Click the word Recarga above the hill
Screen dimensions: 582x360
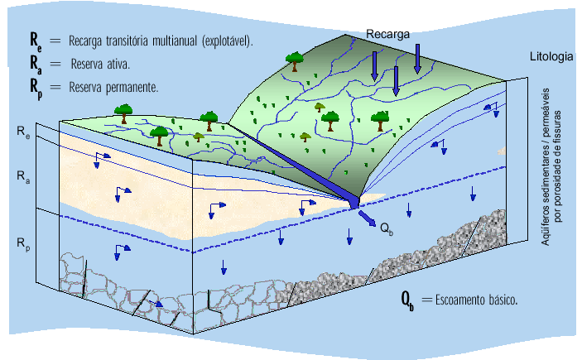pyautogui.click(x=388, y=34)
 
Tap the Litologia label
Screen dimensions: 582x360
pyautogui.click(x=551, y=57)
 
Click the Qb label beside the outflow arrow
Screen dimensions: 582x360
pyautogui.click(x=387, y=229)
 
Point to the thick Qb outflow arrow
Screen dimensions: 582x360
pyautogui.click(x=368, y=218)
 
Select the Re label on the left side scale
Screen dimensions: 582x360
pyautogui.click(x=23, y=132)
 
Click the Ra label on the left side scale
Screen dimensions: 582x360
pyautogui.click(x=23, y=176)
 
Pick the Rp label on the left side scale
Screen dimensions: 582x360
pyautogui.click(x=23, y=244)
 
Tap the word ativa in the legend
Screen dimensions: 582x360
pyautogui.click(x=118, y=65)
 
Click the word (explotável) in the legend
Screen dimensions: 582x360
pyautogui.click(x=228, y=41)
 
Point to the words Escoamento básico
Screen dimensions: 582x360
pyautogui.click(x=476, y=300)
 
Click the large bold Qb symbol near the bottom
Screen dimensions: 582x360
pyautogui.click(x=407, y=300)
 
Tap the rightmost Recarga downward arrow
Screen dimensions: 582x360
pyautogui.click(x=417, y=59)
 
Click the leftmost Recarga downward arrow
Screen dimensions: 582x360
pyautogui.click(x=374, y=66)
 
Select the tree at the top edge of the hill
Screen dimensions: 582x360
pyautogui.click(x=295, y=61)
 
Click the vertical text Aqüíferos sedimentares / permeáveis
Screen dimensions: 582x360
pyautogui.click(x=545, y=166)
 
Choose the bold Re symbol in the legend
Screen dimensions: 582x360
pyautogui.click(x=36, y=40)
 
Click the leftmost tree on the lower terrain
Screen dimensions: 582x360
pyautogui.click(x=123, y=113)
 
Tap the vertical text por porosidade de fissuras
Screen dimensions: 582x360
pyautogui.click(x=557, y=166)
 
